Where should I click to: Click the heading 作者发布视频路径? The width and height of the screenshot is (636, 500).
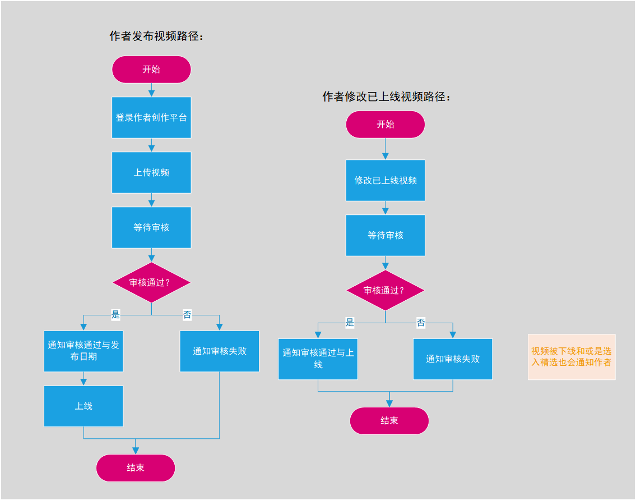156,36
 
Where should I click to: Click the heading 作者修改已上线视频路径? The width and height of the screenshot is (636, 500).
386,97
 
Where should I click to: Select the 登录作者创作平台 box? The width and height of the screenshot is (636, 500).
151,117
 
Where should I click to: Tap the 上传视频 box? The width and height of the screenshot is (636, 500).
151,172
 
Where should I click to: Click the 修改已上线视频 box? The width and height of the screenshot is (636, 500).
386,180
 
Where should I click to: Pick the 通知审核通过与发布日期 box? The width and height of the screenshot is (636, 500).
83,351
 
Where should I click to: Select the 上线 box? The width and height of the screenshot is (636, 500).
83,406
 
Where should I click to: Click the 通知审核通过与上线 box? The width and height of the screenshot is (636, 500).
318,359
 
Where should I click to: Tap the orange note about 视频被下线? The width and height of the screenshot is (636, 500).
571,357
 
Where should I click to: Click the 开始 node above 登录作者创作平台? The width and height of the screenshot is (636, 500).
151,70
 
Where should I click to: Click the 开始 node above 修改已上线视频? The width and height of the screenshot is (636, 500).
386,125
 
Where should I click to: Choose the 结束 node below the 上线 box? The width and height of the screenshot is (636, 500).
136,467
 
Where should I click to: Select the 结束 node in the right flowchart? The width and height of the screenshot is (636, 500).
389,421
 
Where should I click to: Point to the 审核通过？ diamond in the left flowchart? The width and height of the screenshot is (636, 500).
151,282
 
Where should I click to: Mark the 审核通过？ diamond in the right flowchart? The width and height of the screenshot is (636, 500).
386,290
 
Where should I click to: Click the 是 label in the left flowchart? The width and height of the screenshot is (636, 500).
115,315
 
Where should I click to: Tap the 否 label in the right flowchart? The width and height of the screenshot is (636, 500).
421,323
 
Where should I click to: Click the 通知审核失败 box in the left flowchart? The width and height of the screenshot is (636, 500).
219,351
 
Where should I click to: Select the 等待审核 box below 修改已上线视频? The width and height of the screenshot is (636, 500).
386,235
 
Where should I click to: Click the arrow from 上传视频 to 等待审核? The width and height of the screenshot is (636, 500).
151,200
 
